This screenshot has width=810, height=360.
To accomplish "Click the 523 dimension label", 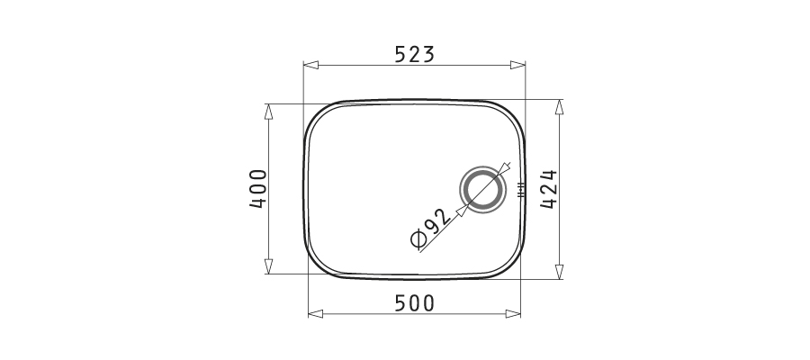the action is (x=414, y=54).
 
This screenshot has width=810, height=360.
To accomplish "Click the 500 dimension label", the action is (x=414, y=303).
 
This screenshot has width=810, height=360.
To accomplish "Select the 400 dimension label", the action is (x=258, y=188).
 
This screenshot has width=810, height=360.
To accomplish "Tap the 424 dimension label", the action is (x=549, y=189).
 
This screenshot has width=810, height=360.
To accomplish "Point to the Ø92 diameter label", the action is (x=430, y=229).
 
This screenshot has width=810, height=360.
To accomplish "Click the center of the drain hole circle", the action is (x=482, y=190).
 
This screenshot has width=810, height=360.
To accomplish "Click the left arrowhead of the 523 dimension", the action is (x=311, y=65).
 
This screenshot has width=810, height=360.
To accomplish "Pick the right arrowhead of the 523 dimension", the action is (x=517, y=65).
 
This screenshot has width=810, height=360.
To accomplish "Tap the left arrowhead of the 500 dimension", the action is (x=316, y=313).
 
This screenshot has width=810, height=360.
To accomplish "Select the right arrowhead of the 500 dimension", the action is (x=513, y=313).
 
